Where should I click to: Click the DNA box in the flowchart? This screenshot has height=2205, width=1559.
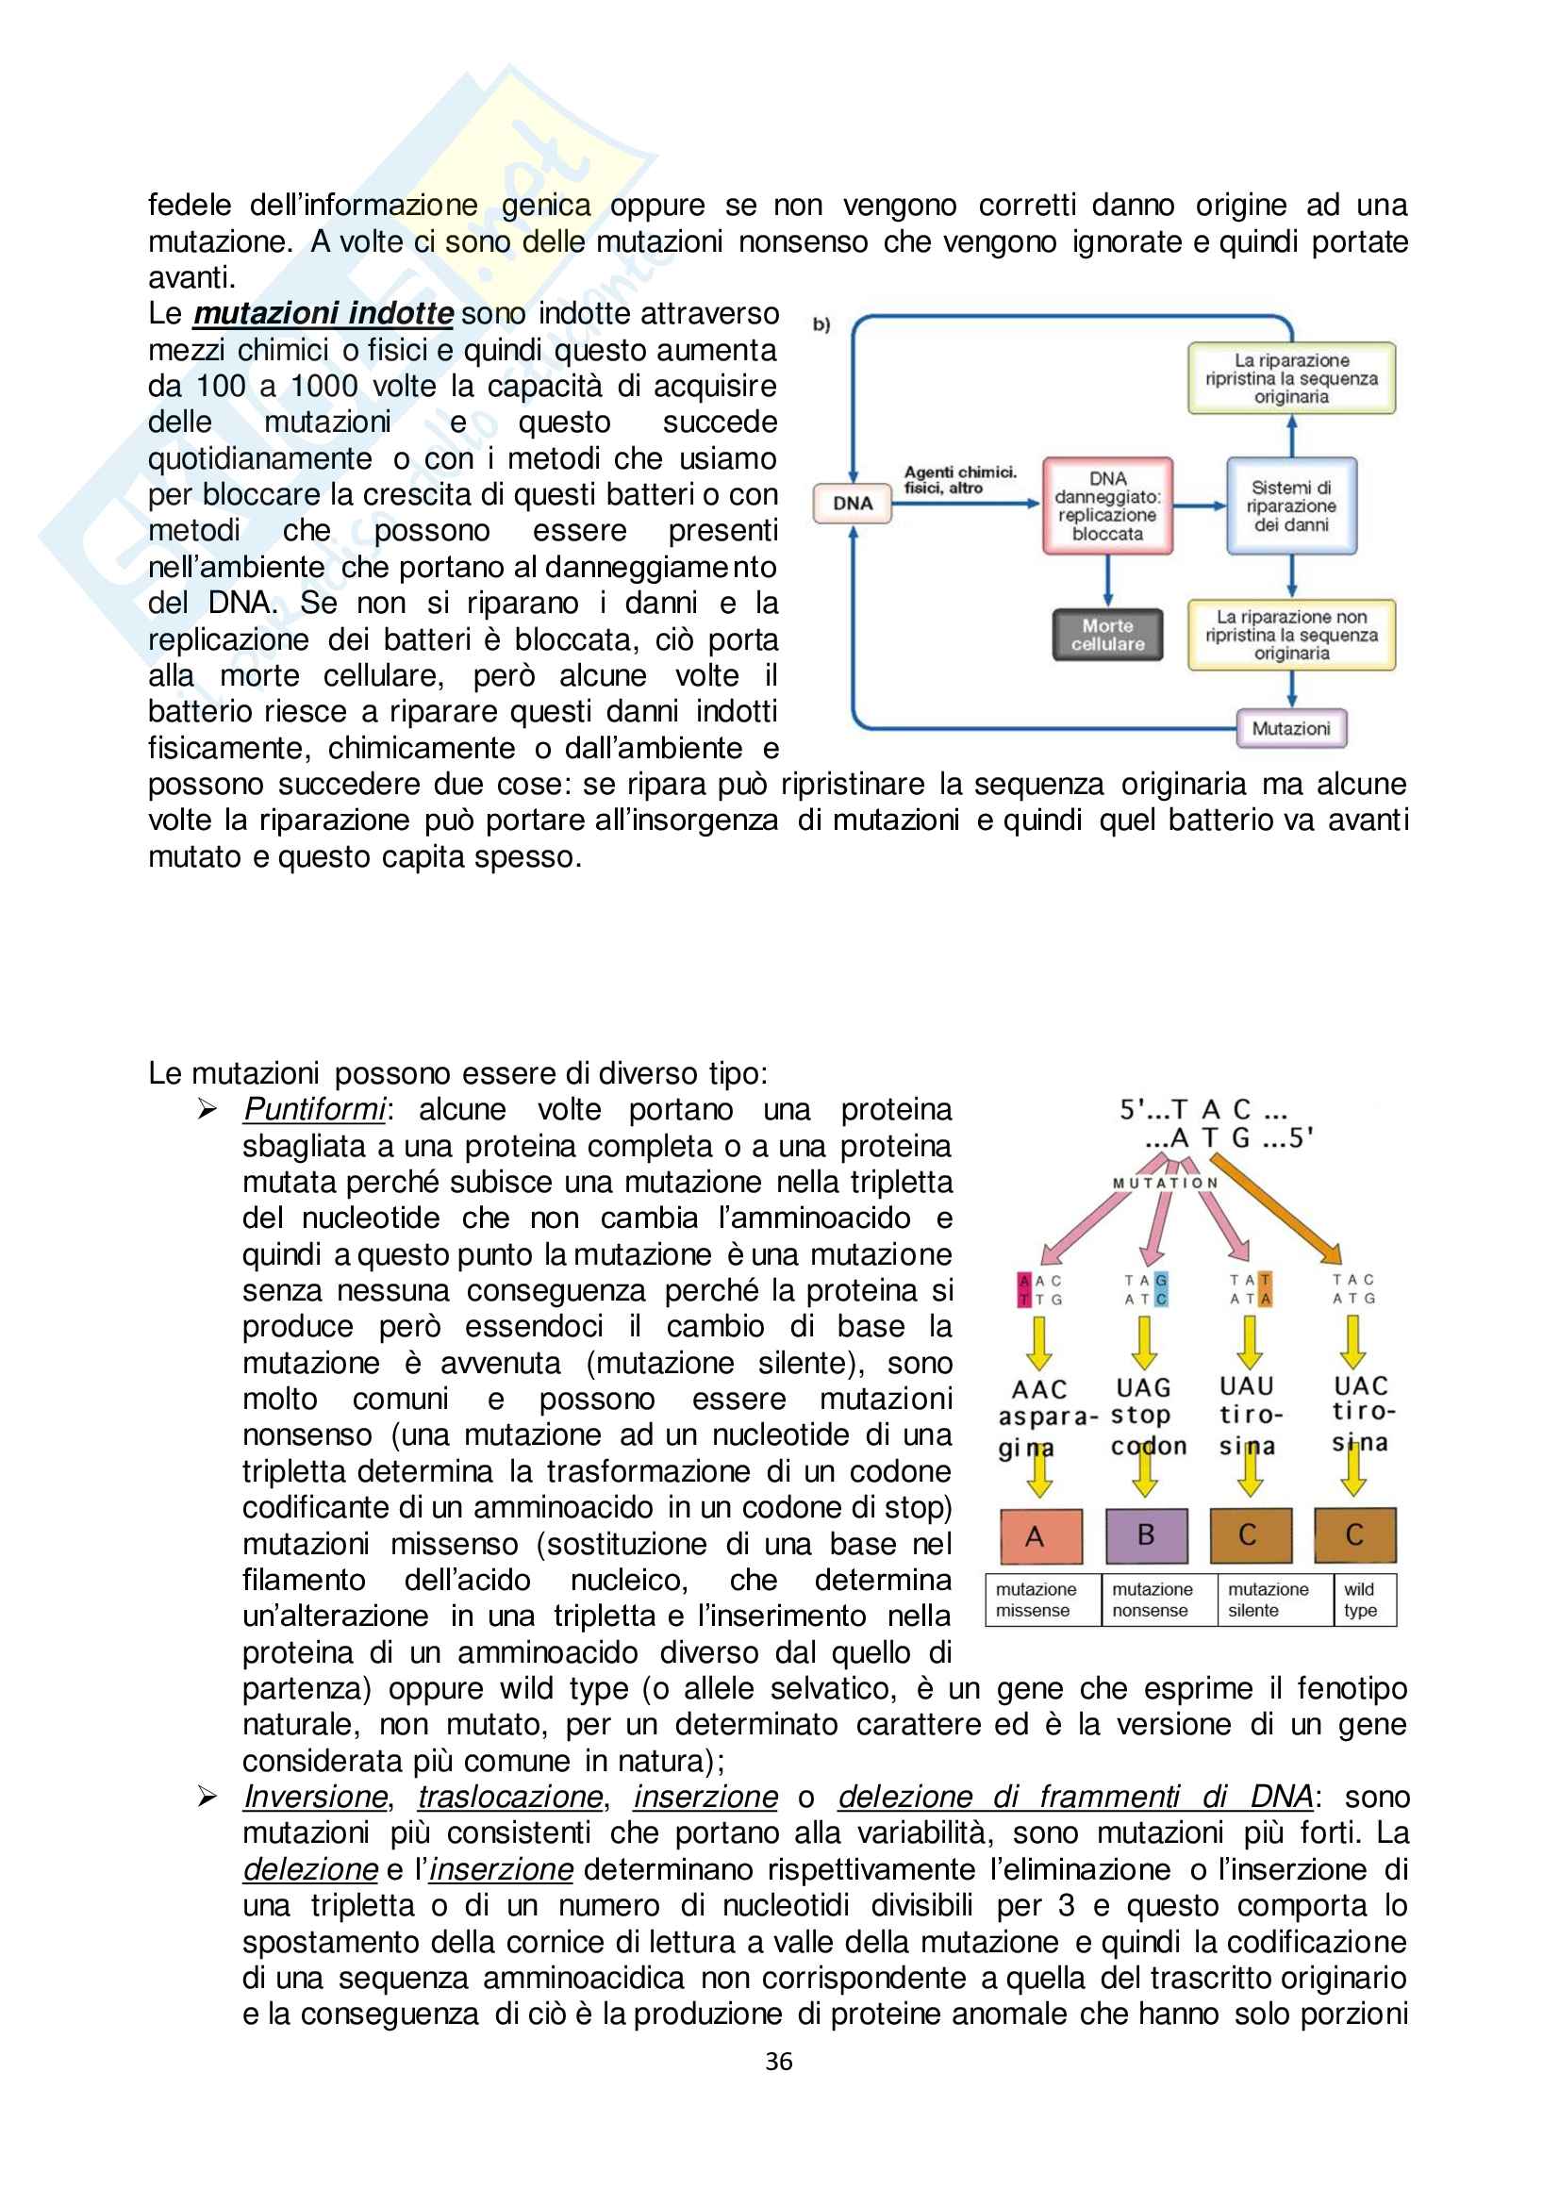(x=852, y=504)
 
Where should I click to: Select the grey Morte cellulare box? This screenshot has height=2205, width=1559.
(x=1106, y=635)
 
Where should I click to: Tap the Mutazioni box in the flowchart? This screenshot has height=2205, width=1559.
(x=1290, y=728)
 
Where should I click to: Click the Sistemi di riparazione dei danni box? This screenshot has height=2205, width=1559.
(x=1290, y=506)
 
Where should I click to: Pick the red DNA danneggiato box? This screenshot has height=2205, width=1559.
(x=1106, y=506)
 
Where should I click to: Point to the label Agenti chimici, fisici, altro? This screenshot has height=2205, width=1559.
(x=958, y=479)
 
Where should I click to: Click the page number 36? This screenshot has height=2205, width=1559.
(x=779, y=2061)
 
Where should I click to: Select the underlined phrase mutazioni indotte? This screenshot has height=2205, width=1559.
(x=323, y=314)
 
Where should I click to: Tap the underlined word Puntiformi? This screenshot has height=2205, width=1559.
(x=314, y=1109)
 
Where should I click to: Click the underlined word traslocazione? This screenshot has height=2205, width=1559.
(x=510, y=1797)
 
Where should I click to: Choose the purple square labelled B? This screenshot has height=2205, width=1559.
(x=1145, y=1535)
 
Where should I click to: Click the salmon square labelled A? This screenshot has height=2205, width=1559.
(x=1036, y=1536)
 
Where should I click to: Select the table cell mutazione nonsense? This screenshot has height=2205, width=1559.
(x=1153, y=1600)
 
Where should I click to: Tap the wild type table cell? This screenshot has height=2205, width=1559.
(x=1360, y=1600)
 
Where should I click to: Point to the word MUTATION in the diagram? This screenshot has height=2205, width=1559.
(x=1164, y=1184)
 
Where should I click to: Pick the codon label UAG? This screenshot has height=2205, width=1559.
(x=1143, y=1387)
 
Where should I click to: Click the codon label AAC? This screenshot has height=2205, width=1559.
(x=1038, y=1389)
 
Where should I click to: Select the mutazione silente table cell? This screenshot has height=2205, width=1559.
(x=1268, y=1600)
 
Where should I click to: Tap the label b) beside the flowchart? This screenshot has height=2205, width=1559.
(x=821, y=324)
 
